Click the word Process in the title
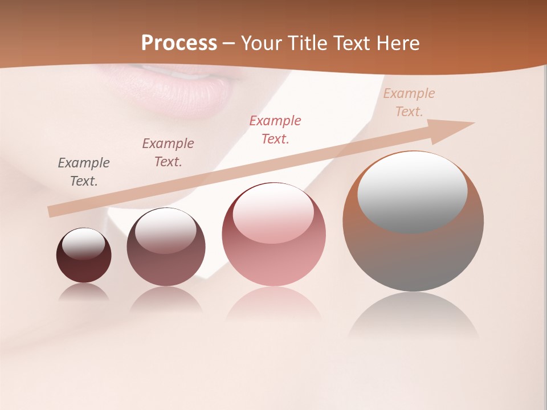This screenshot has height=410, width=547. click(x=179, y=43)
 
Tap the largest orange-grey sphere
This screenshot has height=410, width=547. click(x=413, y=256)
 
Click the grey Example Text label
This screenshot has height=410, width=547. click(x=84, y=172)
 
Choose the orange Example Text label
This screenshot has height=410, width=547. click(x=409, y=102)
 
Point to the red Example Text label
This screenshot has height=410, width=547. click(x=275, y=129)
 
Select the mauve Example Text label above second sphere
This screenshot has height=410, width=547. click(x=168, y=153)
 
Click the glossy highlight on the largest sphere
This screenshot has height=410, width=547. click(x=412, y=191)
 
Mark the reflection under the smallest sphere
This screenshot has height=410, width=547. click(x=84, y=292)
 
